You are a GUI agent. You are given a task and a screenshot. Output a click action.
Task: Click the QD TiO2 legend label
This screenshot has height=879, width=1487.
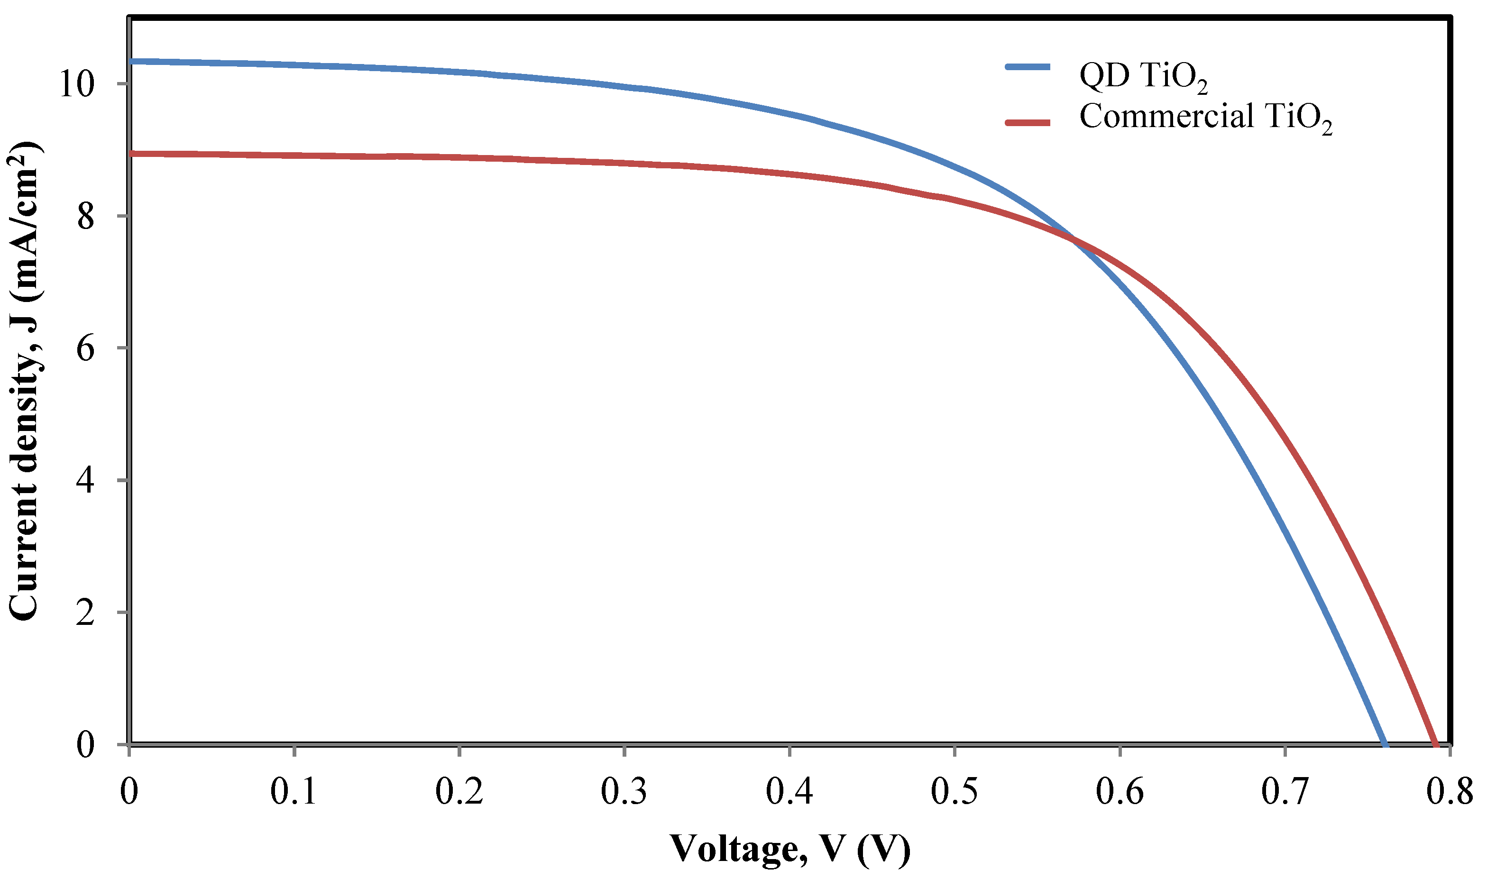(x=1143, y=77)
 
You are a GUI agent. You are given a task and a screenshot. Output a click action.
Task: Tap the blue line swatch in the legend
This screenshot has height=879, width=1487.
(x=1028, y=67)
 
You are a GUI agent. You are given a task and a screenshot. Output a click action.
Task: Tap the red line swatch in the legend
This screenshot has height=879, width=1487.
(x=1028, y=123)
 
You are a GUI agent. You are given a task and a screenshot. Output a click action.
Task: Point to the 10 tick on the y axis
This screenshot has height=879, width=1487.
(x=76, y=84)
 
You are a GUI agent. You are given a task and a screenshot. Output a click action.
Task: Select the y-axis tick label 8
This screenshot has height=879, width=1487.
(x=85, y=216)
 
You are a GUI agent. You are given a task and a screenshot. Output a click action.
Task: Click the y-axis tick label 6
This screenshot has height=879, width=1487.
(x=85, y=348)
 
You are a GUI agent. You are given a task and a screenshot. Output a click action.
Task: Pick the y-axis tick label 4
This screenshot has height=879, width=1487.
(x=85, y=480)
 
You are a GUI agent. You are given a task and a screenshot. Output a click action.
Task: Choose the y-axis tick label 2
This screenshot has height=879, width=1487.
(x=85, y=613)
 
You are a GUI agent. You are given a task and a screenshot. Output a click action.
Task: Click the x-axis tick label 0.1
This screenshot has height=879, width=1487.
(x=294, y=791)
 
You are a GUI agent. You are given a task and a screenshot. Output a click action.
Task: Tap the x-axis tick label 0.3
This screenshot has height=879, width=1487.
(x=624, y=791)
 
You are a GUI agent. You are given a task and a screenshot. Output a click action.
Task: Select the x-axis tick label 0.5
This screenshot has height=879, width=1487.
(x=955, y=791)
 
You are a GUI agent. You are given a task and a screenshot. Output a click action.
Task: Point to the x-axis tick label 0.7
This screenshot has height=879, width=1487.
(x=1285, y=791)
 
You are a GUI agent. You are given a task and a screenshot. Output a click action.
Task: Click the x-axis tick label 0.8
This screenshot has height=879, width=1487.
(x=1449, y=791)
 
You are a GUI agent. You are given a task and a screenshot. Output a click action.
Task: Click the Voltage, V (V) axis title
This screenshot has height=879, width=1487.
(x=789, y=849)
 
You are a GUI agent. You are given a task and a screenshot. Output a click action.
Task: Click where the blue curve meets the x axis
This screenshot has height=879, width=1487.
(x=1385, y=744)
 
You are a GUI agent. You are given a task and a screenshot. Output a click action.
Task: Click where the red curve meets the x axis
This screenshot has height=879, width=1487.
(x=1435, y=744)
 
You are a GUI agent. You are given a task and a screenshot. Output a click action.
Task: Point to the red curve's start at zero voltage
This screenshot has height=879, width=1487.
(x=131, y=154)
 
